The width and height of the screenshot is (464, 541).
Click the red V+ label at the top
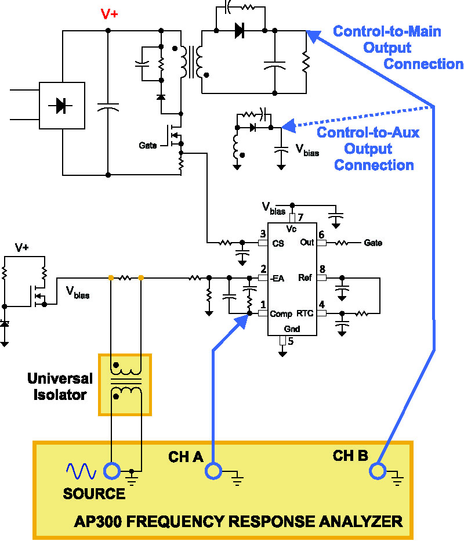click(x=109, y=14)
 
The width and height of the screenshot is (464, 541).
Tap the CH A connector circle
click(x=214, y=471)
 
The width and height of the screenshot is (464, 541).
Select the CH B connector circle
click(x=378, y=471)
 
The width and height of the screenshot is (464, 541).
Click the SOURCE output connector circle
click(x=111, y=471)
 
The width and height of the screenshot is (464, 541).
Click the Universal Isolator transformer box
click(x=125, y=384)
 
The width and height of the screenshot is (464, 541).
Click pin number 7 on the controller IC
click(x=300, y=217)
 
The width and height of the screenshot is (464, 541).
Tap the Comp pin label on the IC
click(x=281, y=314)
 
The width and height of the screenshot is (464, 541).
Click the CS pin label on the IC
click(x=278, y=243)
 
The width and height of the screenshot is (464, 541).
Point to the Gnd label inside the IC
click(x=292, y=329)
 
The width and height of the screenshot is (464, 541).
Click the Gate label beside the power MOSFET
click(x=148, y=145)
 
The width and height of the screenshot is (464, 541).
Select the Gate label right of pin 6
click(x=373, y=243)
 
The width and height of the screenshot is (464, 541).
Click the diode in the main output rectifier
click(x=239, y=31)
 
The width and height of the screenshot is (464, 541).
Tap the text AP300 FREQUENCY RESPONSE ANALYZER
click(x=238, y=521)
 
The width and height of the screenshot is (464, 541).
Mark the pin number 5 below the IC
click(x=291, y=341)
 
